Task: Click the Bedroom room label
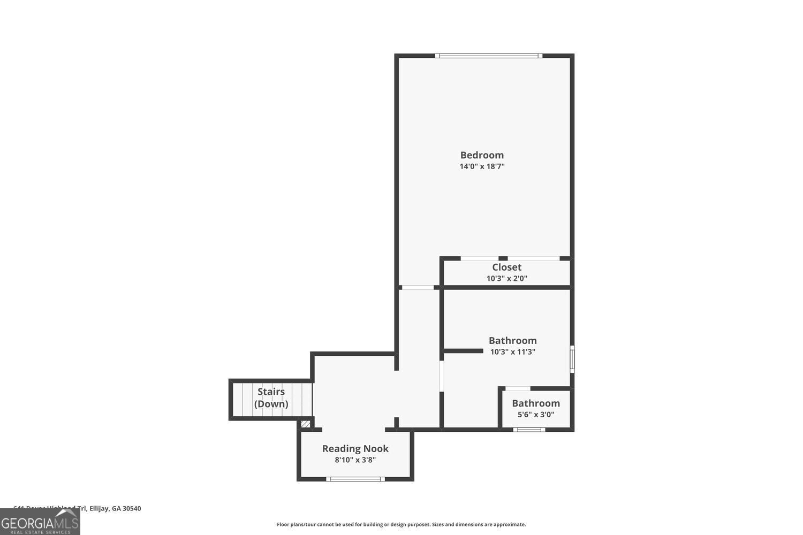(x=482, y=155)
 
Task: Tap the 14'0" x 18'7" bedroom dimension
(x=482, y=166)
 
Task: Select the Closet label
(x=506, y=267)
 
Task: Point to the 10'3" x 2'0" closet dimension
(x=506, y=278)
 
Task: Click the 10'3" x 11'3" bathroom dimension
(x=512, y=352)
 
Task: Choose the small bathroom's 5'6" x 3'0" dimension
(x=535, y=415)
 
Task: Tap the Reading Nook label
(x=355, y=449)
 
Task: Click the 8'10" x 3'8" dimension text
(x=355, y=460)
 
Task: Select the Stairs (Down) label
(x=271, y=398)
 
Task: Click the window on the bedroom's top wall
(x=488, y=56)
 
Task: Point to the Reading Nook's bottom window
(x=355, y=479)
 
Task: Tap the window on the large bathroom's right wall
(x=572, y=360)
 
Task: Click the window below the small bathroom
(x=529, y=429)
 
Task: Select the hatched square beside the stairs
(x=305, y=424)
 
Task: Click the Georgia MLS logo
(x=40, y=522)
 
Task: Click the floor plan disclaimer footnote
(x=401, y=525)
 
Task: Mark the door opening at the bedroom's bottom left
(x=418, y=288)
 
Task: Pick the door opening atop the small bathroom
(x=517, y=388)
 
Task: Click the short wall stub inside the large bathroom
(x=464, y=351)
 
